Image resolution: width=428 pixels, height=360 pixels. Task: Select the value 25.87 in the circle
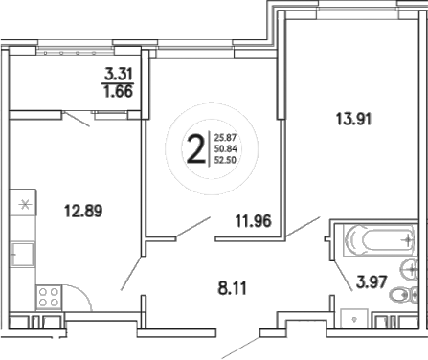click(226, 138)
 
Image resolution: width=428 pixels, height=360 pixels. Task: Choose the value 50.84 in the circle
click(226, 149)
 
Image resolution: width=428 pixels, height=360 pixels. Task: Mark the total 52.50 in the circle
click(226, 162)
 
